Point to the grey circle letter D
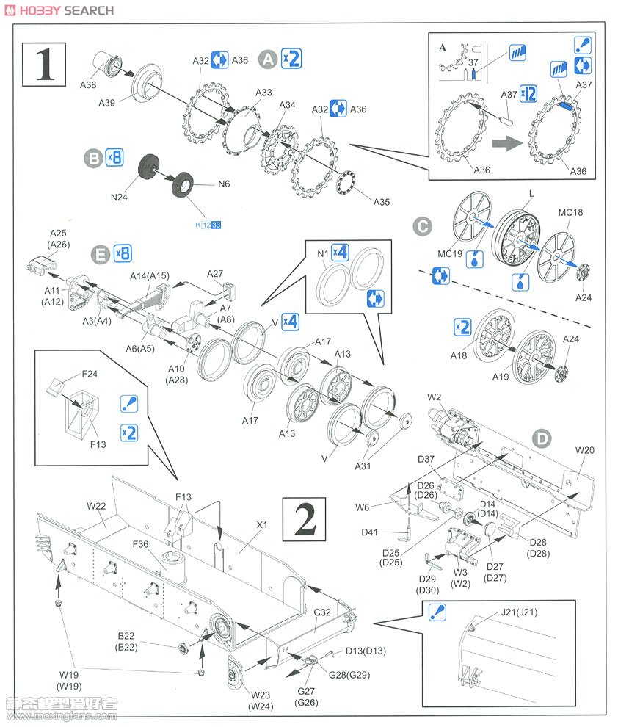pos(541,439)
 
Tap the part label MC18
pos(570,213)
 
